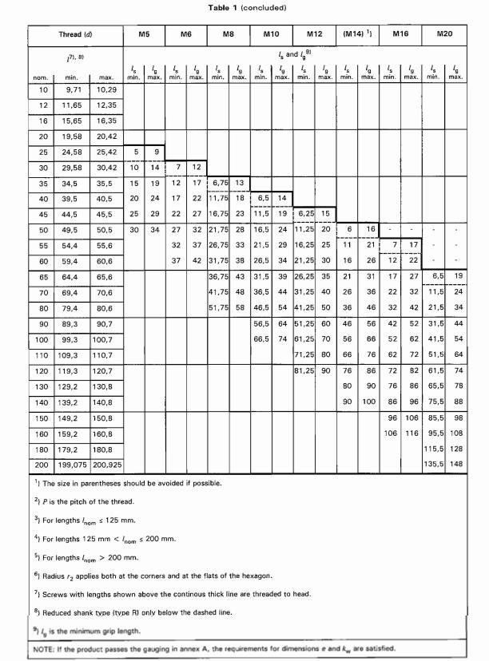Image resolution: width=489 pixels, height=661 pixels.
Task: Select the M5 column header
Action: (144, 35)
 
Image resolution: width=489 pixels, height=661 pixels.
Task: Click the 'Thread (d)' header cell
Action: (76, 35)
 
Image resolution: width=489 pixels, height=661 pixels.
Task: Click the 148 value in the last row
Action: (455, 464)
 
